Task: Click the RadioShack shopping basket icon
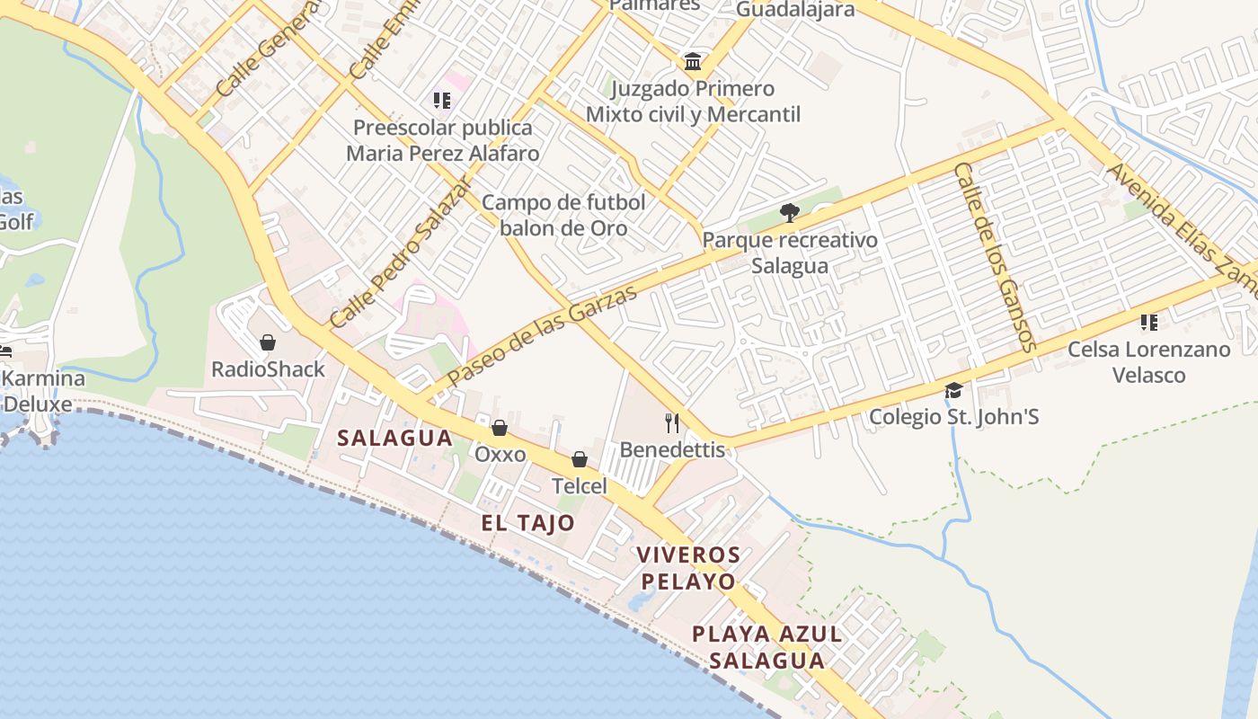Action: point(267,342)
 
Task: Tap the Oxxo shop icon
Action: point(499,428)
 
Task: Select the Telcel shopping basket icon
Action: point(580,460)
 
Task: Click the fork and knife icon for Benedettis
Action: point(672,422)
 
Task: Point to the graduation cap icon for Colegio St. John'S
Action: point(953,390)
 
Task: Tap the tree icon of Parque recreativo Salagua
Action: point(789,213)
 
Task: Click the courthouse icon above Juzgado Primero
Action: point(693,62)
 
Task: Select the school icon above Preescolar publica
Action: point(442,101)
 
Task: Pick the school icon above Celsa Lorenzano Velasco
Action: point(1148,322)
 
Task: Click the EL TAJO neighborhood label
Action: point(527,523)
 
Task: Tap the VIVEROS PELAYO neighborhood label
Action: point(688,567)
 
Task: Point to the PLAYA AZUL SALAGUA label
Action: point(766,647)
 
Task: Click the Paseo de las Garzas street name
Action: point(543,334)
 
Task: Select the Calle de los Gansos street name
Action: point(996,256)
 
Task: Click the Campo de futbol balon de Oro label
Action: point(563,215)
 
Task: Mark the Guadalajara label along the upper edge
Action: point(795,9)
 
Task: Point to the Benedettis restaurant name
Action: point(672,449)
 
